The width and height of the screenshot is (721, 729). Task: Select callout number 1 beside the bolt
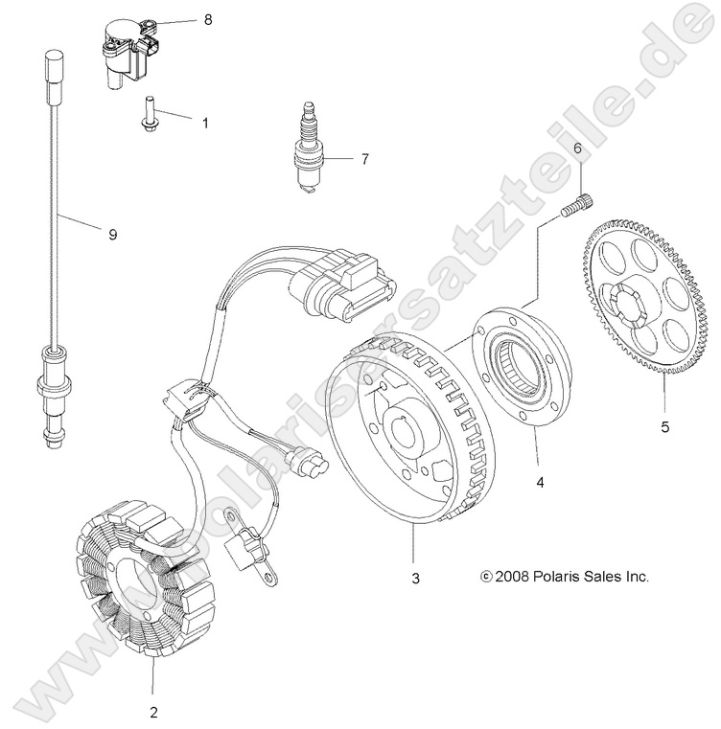click(x=204, y=123)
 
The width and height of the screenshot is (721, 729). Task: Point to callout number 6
click(x=577, y=148)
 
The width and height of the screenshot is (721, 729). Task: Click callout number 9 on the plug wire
click(x=112, y=234)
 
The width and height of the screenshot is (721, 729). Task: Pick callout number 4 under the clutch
click(x=540, y=484)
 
